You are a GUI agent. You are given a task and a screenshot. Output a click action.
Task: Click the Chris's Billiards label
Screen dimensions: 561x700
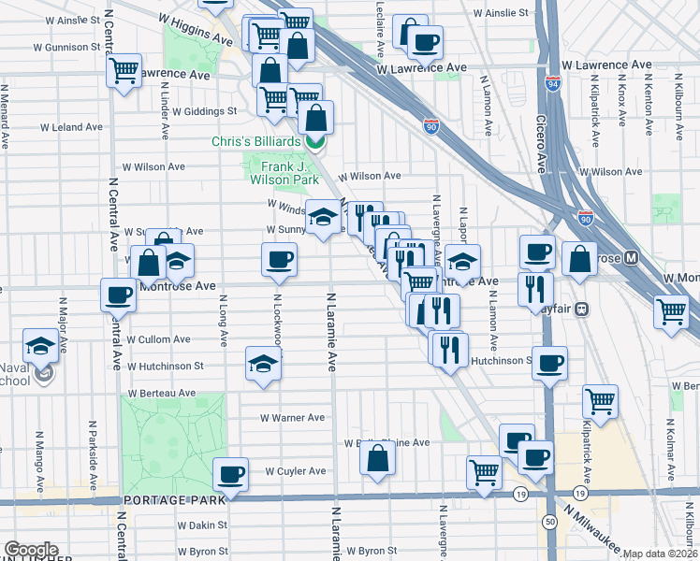click(x=255, y=141)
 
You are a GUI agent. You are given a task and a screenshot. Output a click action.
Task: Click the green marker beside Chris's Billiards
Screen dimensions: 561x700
click(x=315, y=142)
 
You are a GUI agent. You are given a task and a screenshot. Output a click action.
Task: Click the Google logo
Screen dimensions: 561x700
click(x=30, y=550)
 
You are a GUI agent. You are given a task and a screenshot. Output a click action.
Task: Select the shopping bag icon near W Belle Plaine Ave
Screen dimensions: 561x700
click(x=377, y=458)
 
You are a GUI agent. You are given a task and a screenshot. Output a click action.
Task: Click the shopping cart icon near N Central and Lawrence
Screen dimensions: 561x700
click(x=124, y=71)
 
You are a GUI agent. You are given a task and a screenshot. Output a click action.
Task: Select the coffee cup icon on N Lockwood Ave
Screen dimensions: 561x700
click(x=278, y=259)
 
